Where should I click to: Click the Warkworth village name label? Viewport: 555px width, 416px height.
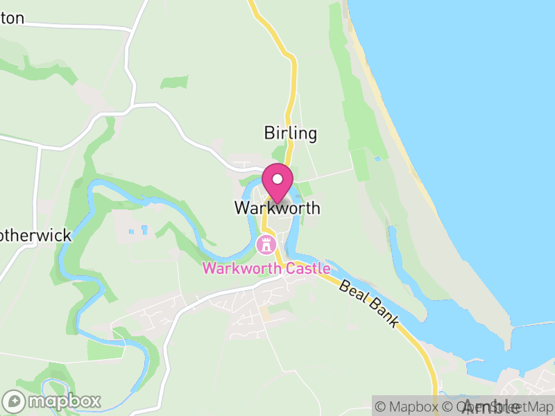click(x=277, y=208)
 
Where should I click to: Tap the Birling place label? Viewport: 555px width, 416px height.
click(x=290, y=133)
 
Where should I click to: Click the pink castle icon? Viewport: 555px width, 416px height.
click(x=265, y=244)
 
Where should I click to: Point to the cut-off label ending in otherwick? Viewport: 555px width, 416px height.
click(x=35, y=236)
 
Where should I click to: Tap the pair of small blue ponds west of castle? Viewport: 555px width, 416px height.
click(x=138, y=229)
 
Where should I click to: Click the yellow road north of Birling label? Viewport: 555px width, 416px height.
click(x=293, y=76)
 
